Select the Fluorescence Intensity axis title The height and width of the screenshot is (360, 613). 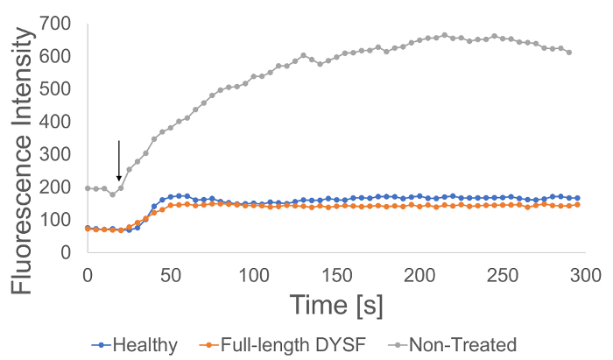(x=23, y=137)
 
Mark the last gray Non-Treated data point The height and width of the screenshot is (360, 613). (x=569, y=53)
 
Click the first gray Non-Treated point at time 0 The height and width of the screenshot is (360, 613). (x=88, y=188)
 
